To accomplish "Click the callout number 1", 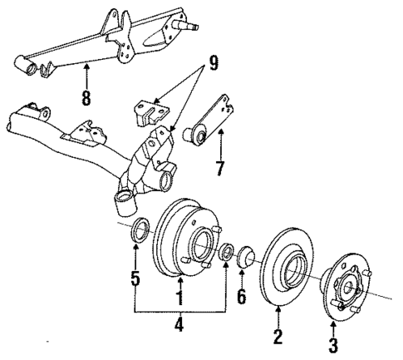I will [179, 295].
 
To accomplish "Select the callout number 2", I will [278, 337].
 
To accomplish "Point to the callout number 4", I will [179, 324].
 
